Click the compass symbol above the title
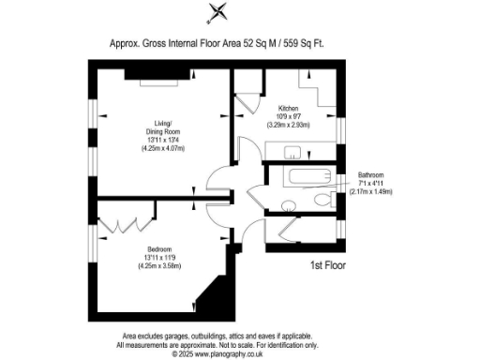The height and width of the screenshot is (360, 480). pyautogui.click(x=218, y=12)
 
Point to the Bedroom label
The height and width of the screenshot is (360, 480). pyautogui.click(x=147, y=248)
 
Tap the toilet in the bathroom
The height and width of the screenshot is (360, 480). pyautogui.click(x=323, y=199)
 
